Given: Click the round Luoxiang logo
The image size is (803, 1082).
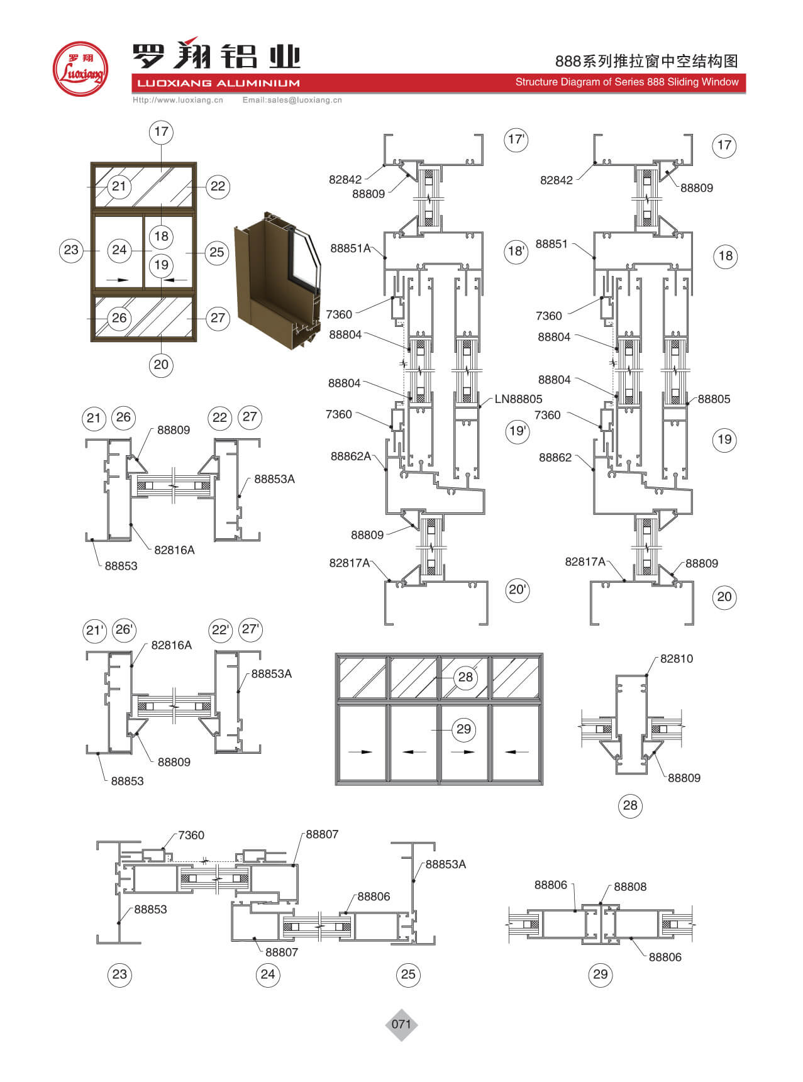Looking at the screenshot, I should (80, 69).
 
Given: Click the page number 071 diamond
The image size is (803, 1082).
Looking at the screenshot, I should (401, 1024).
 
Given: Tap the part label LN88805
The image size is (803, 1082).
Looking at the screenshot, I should (518, 399).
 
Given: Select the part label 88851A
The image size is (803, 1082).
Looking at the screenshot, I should (350, 248).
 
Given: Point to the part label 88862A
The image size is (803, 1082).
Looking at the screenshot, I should (351, 456).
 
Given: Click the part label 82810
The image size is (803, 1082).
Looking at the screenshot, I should (676, 659).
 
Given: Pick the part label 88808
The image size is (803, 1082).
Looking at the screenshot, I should (630, 886).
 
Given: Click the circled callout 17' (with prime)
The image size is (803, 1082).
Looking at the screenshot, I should (516, 140).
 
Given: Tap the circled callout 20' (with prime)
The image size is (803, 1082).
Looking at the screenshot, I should (518, 590).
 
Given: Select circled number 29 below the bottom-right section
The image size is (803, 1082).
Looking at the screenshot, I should (601, 974).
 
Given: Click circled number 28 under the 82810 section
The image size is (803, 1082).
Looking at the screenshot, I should (629, 805).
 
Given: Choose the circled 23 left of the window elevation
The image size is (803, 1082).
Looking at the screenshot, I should (72, 250).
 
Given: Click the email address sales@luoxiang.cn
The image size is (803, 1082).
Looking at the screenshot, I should (292, 100).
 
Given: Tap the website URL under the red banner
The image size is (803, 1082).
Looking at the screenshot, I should (178, 100).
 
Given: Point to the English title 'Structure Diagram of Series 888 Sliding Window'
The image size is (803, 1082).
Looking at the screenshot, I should (626, 82).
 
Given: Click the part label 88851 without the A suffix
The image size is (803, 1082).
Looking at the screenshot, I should (551, 244).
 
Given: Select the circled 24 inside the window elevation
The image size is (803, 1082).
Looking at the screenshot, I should (119, 250).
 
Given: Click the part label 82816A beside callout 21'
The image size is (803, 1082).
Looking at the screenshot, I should (171, 645).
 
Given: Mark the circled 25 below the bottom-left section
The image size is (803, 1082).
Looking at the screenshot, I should (408, 974).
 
